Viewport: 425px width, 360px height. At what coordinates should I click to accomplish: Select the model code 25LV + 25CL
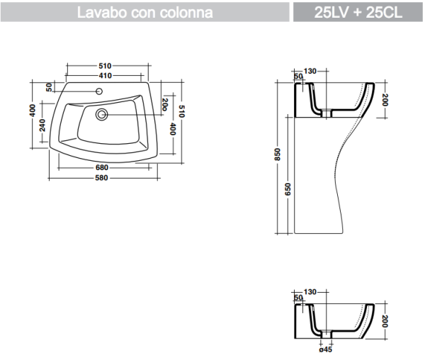(x=359, y=12)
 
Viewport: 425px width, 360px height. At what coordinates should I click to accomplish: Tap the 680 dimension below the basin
(x=101, y=168)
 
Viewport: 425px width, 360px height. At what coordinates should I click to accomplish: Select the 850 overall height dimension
(x=278, y=155)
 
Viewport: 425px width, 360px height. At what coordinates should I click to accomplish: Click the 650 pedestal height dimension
(x=288, y=188)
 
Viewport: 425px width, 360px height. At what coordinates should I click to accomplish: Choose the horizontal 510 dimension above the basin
(x=106, y=66)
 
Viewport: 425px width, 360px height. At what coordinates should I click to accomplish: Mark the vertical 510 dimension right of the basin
(x=182, y=111)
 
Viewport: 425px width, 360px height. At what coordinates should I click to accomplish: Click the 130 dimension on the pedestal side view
(x=310, y=72)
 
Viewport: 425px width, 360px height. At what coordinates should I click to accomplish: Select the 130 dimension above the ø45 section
(x=310, y=292)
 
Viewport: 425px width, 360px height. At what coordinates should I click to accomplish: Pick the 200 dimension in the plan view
(x=164, y=104)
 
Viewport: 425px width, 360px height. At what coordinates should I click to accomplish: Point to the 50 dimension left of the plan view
(x=49, y=87)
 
